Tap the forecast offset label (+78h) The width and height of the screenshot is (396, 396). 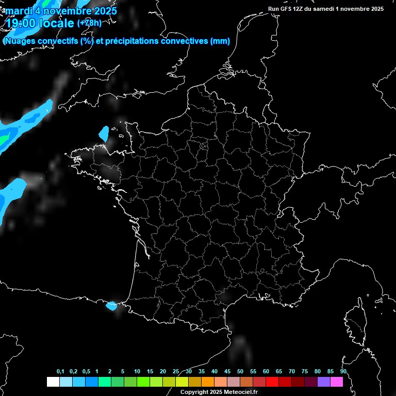tap(89, 23)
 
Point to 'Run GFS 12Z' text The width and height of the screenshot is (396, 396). tap(286, 9)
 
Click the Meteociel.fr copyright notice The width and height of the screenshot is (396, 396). tap(219, 392)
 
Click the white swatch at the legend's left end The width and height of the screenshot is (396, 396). tap(53, 382)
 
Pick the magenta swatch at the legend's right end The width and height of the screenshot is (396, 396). tap(336, 382)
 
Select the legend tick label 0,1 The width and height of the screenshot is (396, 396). tap(60, 371)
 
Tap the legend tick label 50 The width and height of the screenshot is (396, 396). tap(240, 371)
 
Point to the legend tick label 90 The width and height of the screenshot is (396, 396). tap(343, 371)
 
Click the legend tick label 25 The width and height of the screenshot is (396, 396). tap(176, 371)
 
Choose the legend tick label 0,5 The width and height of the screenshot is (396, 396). tap(86, 371)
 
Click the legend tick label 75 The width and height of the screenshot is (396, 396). tap(305, 371)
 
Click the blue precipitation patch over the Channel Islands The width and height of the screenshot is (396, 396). tap(104, 134)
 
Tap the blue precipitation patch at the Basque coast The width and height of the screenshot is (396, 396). tap(111, 305)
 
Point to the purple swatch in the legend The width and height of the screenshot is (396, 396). tap(323, 382)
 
